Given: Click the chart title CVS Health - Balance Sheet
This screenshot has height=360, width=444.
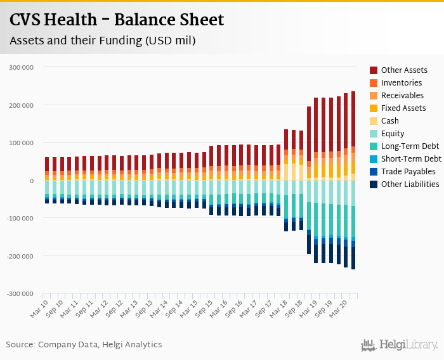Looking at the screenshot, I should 117,20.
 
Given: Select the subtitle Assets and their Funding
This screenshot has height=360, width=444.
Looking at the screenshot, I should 102,41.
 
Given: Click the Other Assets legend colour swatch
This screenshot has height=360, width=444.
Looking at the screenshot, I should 374,70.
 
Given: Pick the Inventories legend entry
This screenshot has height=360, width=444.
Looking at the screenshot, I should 401,83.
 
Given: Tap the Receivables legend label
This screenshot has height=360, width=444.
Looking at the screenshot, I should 402,96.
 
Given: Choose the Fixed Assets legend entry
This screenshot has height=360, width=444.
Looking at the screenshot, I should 403,108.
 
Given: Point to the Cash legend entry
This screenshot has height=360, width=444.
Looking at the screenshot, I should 389,121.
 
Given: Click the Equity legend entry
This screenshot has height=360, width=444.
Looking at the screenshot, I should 393,134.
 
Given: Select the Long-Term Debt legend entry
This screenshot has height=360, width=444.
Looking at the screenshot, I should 410,146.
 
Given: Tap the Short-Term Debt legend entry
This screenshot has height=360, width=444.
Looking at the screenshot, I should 411,159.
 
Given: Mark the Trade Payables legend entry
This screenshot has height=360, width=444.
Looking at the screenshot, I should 408,172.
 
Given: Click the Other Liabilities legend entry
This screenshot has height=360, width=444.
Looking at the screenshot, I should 410,184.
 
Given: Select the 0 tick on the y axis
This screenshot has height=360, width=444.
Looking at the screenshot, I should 31,181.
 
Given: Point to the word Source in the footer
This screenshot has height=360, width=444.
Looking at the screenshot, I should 20,345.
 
